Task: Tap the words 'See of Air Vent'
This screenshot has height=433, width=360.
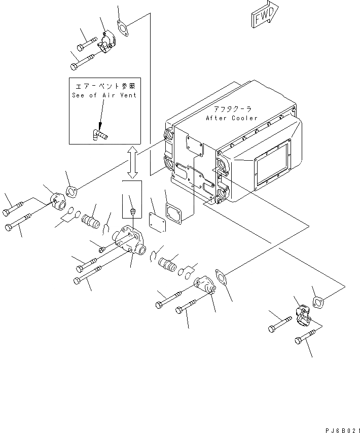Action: coord(104,95)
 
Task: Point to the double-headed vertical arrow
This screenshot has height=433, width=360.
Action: coord(132,162)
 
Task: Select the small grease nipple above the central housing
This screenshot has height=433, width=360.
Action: coord(132,210)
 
